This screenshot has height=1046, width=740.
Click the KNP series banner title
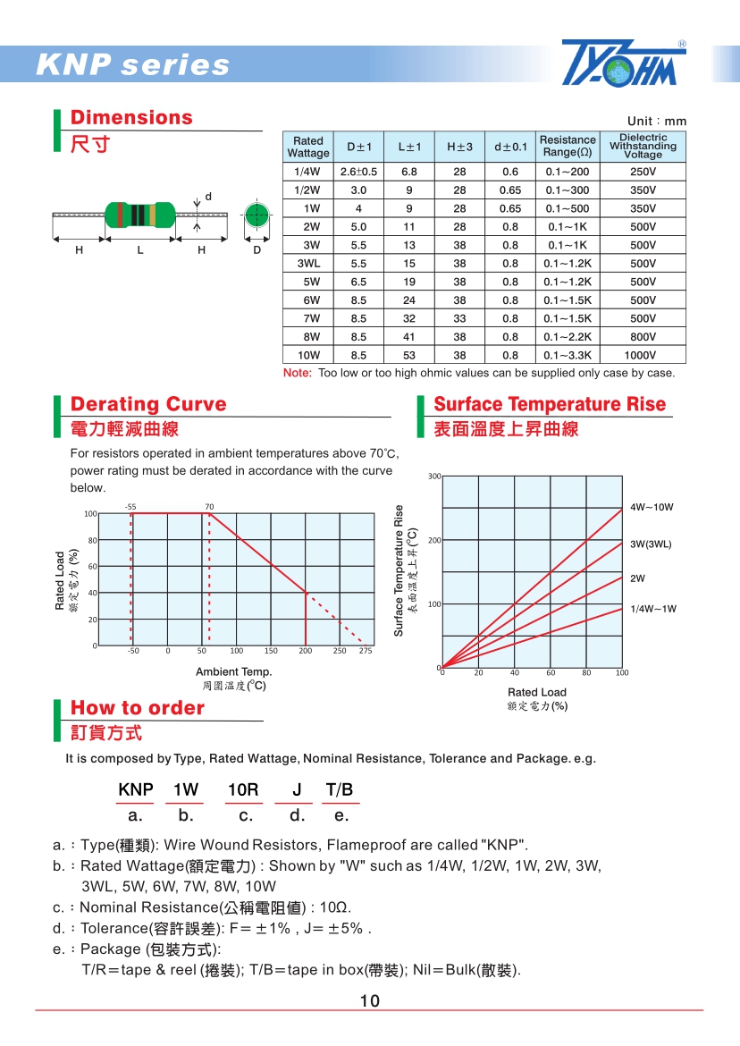[x=133, y=65]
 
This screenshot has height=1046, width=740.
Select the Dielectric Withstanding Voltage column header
[x=643, y=147]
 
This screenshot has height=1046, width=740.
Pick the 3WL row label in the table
[x=307, y=264]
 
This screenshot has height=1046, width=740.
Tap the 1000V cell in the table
[x=643, y=356]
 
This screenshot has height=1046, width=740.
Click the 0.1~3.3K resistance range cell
[x=568, y=356]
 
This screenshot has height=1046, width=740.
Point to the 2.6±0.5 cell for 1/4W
[x=358, y=172]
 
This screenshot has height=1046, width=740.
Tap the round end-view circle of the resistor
[x=256, y=215]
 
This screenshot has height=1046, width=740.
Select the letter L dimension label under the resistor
[x=140, y=250]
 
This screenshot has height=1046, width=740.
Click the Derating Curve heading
[x=148, y=404]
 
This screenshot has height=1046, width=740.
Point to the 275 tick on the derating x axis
[x=365, y=652]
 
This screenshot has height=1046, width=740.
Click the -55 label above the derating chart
[x=130, y=507]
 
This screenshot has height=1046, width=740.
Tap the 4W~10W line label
[x=652, y=507]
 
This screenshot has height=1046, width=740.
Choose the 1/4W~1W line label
[x=653, y=609]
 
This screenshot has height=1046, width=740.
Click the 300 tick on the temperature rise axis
[x=434, y=477]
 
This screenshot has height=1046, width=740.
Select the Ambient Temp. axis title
[x=233, y=671]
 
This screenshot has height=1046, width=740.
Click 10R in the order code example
[x=243, y=790]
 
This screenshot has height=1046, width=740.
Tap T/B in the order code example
[x=340, y=790]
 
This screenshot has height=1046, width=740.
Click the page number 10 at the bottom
[x=370, y=1001]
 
